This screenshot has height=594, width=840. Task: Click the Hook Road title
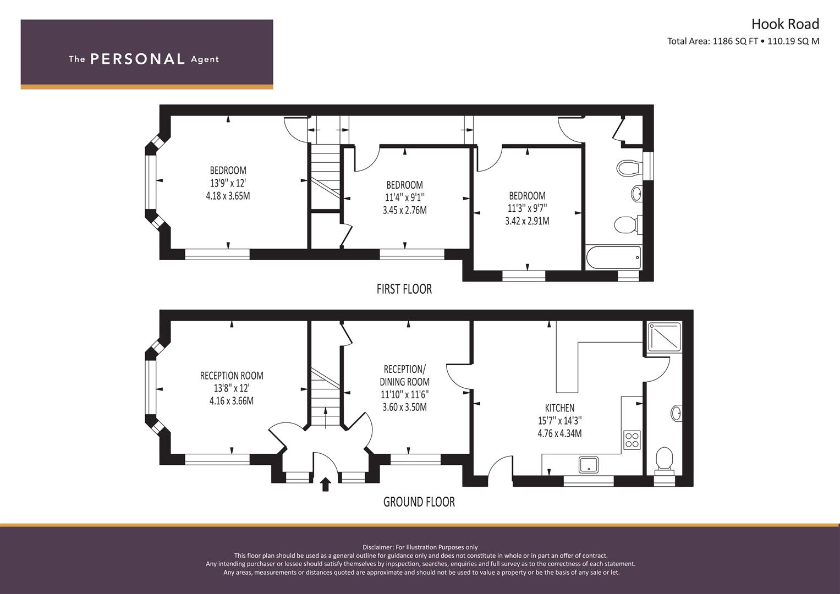click(x=785, y=24)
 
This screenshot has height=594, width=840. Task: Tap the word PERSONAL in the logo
click(x=138, y=59)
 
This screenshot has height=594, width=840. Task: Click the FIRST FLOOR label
click(x=404, y=289)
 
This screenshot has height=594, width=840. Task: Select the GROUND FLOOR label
click(x=419, y=502)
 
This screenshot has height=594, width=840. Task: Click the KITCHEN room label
click(x=559, y=408)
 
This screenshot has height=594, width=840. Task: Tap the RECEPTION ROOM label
click(x=232, y=376)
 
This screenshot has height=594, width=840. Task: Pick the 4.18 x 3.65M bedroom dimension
click(x=228, y=196)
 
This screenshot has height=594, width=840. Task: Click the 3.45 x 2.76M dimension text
click(x=405, y=210)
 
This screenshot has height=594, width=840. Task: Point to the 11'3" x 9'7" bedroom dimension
click(x=527, y=208)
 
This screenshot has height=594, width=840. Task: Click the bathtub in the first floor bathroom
click(x=613, y=257)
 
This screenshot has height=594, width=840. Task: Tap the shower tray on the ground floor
click(x=665, y=337)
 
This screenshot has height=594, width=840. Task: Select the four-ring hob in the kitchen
click(x=632, y=440)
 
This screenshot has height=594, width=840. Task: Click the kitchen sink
click(x=589, y=465)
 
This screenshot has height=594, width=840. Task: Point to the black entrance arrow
click(x=326, y=484)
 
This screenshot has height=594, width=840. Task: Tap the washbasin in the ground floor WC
click(x=676, y=413)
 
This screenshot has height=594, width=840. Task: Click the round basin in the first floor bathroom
click(x=637, y=194)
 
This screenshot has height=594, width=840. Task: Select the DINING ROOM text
click(x=405, y=382)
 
